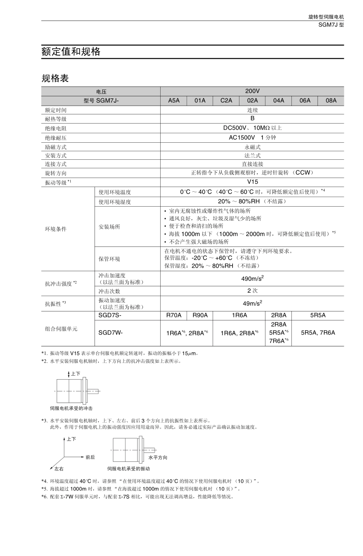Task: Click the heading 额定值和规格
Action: (x=71, y=52)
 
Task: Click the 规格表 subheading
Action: (x=55, y=78)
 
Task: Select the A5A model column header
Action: (x=174, y=101)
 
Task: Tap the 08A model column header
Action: (x=331, y=101)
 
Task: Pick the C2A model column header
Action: (x=226, y=101)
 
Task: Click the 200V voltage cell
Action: (x=252, y=91)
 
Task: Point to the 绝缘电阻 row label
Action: (x=56, y=128)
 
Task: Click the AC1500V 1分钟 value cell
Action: (x=252, y=138)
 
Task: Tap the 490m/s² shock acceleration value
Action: (x=252, y=278)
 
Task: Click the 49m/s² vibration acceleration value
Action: (x=252, y=303)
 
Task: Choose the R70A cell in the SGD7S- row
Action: (x=174, y=316)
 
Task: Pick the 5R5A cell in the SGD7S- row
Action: (x=318, y=316)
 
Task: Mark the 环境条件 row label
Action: (x=56, y=229)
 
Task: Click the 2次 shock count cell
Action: (x=252, y=291)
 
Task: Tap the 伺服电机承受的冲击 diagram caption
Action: (x=71, y=408)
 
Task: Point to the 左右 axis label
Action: (x=59, y=469)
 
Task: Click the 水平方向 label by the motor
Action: (x=158, y=458)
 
